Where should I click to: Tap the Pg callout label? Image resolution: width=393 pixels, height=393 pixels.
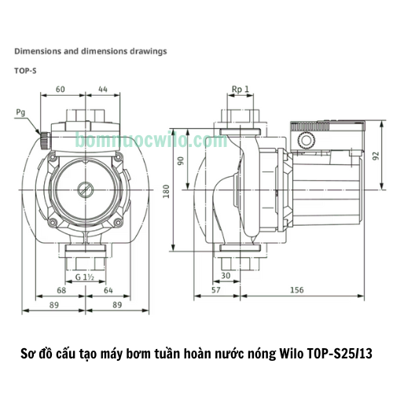(x=20, y=112)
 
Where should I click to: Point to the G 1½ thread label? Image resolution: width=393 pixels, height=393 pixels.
(x=86, y=277)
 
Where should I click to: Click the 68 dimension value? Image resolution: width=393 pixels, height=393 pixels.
(x=61, y=292)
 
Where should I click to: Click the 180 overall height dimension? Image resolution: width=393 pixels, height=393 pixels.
(x=167, y=191)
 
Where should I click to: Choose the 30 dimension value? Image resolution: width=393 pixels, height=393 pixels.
(x=227, y=276)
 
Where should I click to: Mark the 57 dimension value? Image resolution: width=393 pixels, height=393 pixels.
(x=215, y=292)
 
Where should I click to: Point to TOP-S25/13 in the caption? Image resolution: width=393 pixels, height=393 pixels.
(x=342, y=354)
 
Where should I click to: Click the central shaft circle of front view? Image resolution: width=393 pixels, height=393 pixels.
(x=84, y=189)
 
